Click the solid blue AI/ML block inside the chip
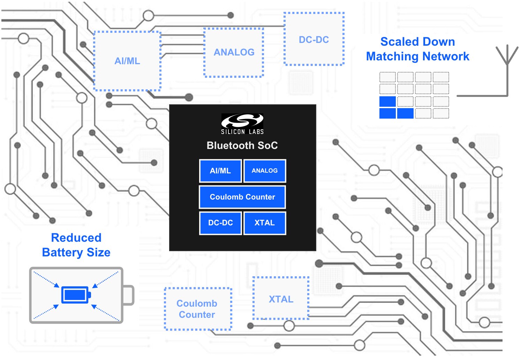click(220, 171)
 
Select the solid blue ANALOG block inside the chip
click(265, 171)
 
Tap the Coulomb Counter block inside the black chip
click(242, 197)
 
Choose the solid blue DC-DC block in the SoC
click(220, 223)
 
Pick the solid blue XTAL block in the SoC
click(265, 223)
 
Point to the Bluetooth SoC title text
click(242, 145)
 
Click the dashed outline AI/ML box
click(127, 61)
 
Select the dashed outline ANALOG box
click(234, 52)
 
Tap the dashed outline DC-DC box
click(314, 39)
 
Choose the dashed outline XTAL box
click(281, 299)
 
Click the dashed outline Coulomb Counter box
click(198, 309)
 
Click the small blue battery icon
click(76, 295)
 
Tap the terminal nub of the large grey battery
click(129, 295)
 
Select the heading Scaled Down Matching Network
click(417, 49)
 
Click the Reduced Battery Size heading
click(76, 245)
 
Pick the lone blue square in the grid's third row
click(387, 102)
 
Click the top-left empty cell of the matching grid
click(387, 77)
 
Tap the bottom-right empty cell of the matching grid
click(441, 113)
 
